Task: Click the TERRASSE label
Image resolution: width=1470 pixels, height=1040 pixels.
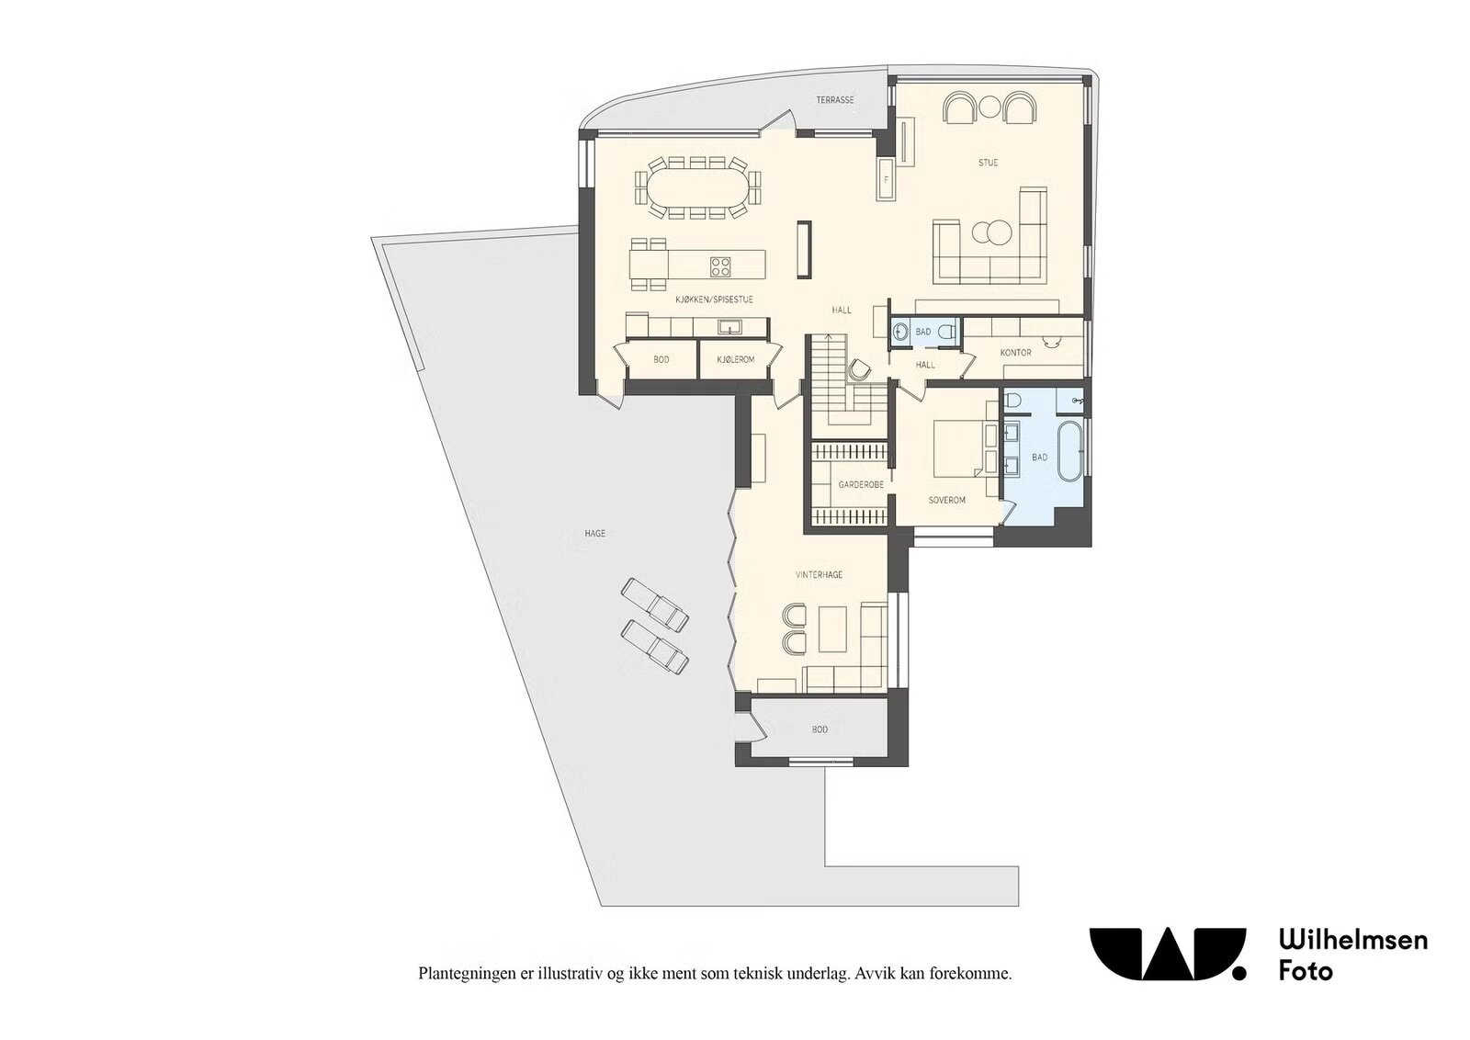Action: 835,100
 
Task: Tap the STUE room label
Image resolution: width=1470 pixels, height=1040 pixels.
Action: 988,163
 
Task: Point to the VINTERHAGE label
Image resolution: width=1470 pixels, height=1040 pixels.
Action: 819,575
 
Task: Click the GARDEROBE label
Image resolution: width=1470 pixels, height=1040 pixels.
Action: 861,485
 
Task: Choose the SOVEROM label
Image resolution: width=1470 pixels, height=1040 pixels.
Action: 947,500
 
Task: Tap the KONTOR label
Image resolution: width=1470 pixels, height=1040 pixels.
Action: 1016,353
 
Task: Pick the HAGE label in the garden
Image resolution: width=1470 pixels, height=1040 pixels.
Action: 594,534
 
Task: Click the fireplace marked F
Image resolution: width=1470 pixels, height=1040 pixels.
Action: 887,178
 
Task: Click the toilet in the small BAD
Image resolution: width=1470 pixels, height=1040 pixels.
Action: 946,333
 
